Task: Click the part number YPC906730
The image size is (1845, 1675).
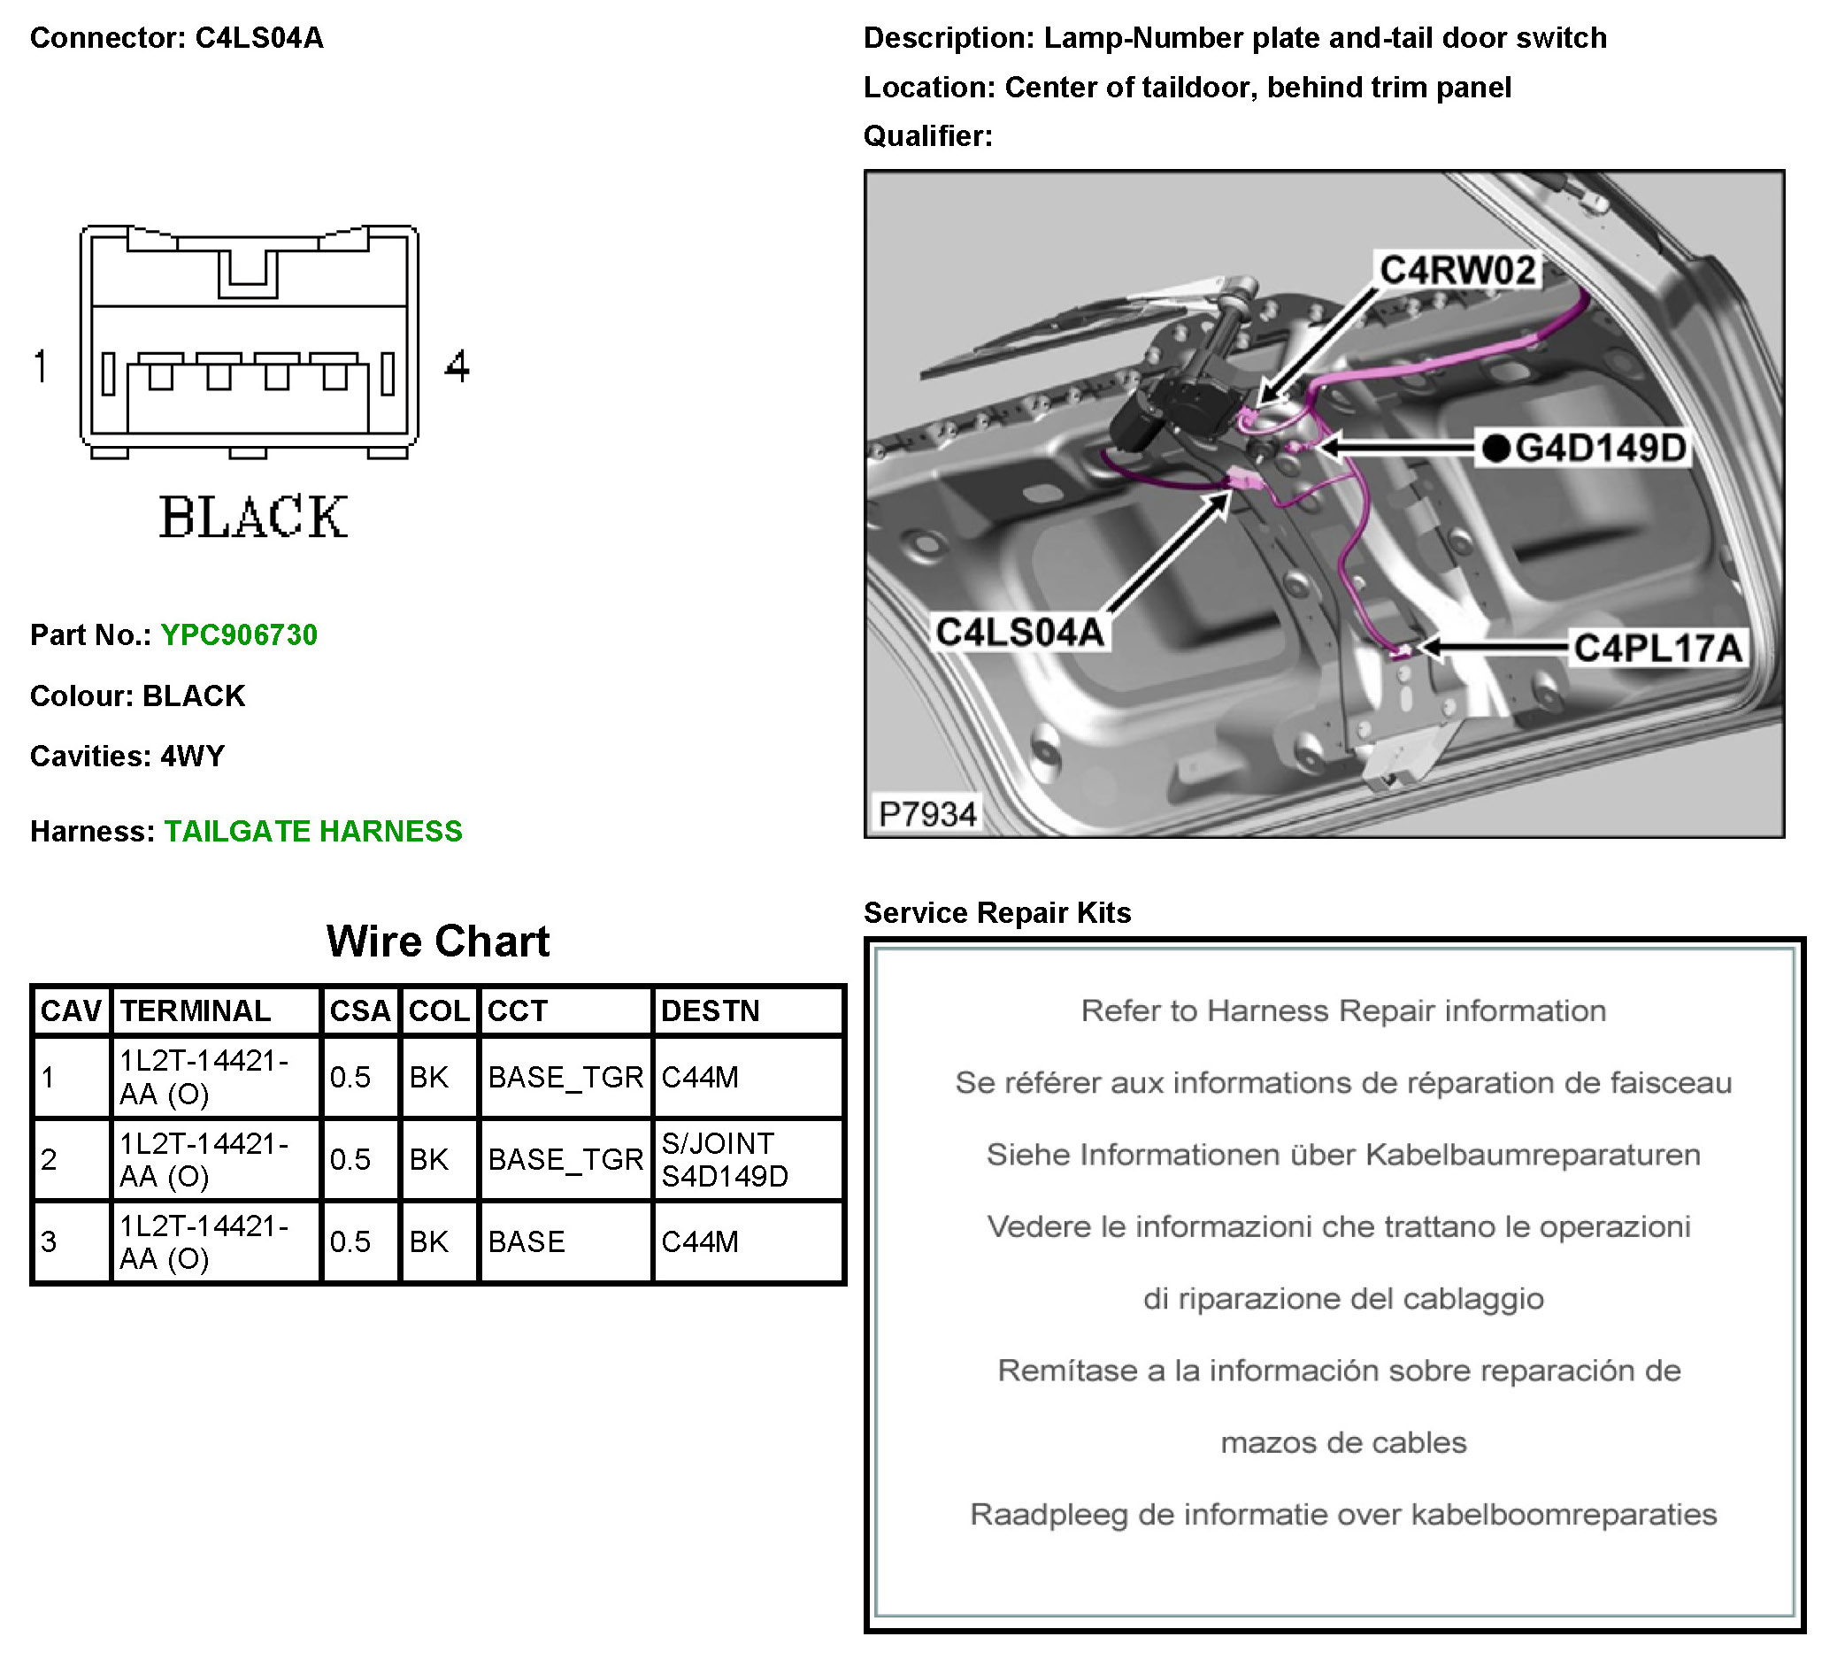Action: [x=238, y=634]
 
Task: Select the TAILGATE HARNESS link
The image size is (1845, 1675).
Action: [x=313, y=830]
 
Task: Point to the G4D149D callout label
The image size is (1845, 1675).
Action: [x=1600, y=449]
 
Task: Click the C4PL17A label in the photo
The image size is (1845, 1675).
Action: [x=1657, y=648]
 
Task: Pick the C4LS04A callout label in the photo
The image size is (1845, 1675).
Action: [x=1019, y=632]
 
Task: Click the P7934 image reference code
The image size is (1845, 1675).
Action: [x=927, y=813]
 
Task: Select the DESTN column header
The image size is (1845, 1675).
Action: [x=711, y=1010]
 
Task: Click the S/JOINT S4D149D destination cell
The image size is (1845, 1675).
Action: [x=724, y=1160]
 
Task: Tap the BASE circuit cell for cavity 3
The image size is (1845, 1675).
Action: [x=527, y=1241]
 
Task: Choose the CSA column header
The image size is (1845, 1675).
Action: [x=359, y=1010]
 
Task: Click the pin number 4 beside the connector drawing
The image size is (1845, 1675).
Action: [x=457, y=366]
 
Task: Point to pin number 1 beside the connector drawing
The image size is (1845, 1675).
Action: [x=42, y=366]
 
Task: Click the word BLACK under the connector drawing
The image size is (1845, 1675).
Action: [x=253, y=517]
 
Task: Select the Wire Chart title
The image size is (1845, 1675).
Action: [x=437, y=941]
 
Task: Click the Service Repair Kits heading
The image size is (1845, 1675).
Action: [x=996, y=912]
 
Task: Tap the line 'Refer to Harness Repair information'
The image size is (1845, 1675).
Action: [x=1342, y=1010]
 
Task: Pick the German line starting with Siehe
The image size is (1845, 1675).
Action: [x=1342, y=1154]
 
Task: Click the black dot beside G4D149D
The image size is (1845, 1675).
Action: [x=1495, y=449]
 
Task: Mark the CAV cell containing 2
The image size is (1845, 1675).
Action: [x=50, y=1160]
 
